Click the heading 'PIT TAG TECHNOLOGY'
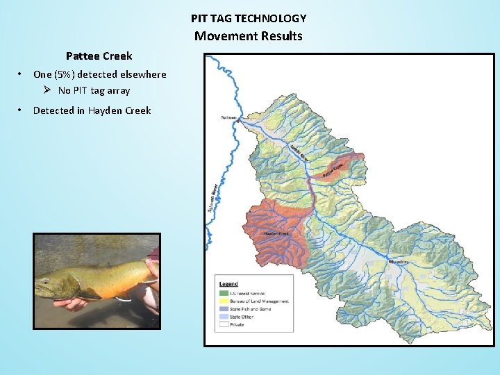tap(249, 19)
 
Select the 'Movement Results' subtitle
tap(249, 36)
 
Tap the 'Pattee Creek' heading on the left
tap(99, 56)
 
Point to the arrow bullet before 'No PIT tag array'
tap(47, 90)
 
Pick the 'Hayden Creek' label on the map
tap(276, 233)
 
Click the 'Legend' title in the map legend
tap(228, 284)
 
